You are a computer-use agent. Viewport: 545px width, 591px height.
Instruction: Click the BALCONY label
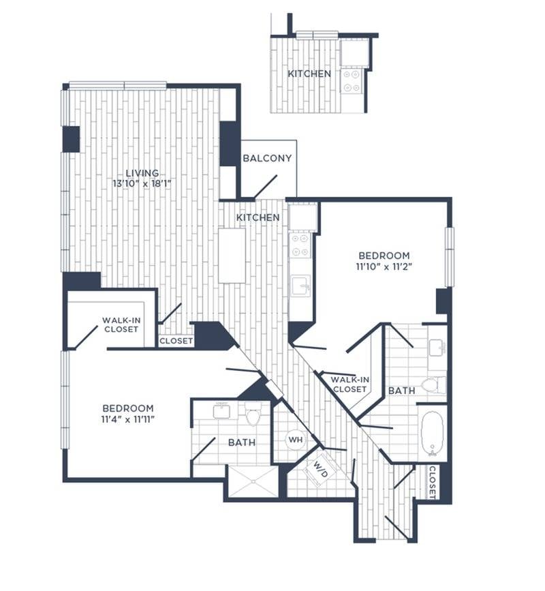tap(267, 158)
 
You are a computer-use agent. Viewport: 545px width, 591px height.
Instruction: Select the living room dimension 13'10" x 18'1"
tap(142, 183)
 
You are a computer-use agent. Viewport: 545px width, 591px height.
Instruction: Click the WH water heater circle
tap(294, 440)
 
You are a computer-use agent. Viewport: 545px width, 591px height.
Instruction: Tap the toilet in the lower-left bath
tap(253, 413)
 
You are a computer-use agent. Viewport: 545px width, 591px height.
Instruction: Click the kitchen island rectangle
tap(232, 255)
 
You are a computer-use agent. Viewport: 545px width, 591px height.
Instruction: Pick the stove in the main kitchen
tap(300, 245)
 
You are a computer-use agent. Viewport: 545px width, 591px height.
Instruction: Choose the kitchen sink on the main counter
tap(300, 286)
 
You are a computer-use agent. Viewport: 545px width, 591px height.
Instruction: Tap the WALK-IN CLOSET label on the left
tap(121, 324)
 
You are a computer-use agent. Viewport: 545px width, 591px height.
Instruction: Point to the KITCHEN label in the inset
tap(309, 74)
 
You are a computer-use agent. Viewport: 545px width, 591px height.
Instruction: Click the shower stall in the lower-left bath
tap(252, 481)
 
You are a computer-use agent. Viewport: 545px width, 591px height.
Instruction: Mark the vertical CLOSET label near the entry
tap(433, 482)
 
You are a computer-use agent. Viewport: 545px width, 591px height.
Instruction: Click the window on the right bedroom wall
tap(449, 256)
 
